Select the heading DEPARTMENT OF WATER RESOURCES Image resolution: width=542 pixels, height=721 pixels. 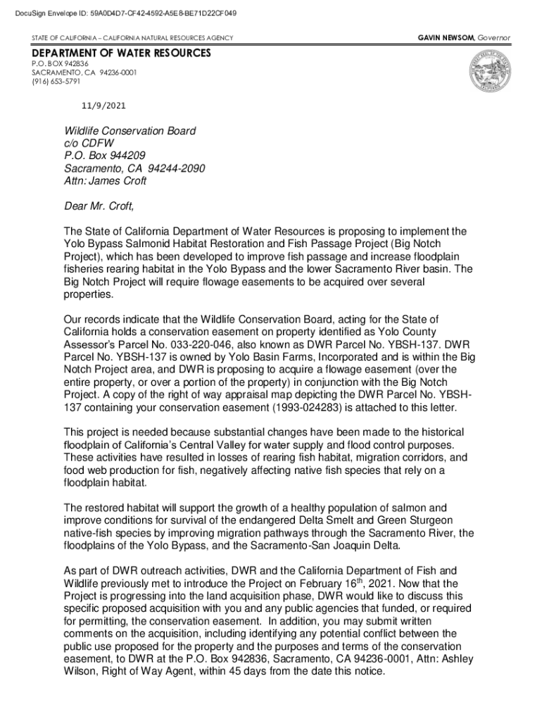point(120,54)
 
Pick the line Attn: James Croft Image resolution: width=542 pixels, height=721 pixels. point(106,181)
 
